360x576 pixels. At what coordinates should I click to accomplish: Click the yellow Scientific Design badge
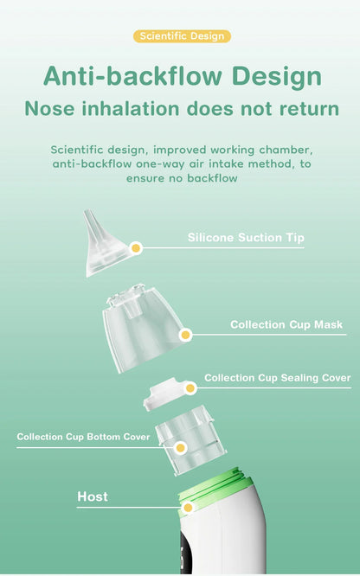pos(182,36)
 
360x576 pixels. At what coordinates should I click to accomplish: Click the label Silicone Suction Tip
pos(246,238)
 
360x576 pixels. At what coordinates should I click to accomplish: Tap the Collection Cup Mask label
pos(286,325)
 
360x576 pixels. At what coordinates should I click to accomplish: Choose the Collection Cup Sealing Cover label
pos(277,378)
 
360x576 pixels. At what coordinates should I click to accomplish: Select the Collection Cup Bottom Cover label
pos(83,437)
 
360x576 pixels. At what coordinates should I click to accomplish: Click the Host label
pos(93,496)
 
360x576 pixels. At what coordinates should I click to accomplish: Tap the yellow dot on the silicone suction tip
pos(136,248)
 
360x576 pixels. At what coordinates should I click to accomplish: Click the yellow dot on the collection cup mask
pos(184,335)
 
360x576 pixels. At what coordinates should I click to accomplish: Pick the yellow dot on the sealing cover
pos(190,388)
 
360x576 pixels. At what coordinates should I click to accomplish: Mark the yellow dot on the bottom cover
pos(180,447)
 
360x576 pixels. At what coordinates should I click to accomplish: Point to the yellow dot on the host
pos(187,507)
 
